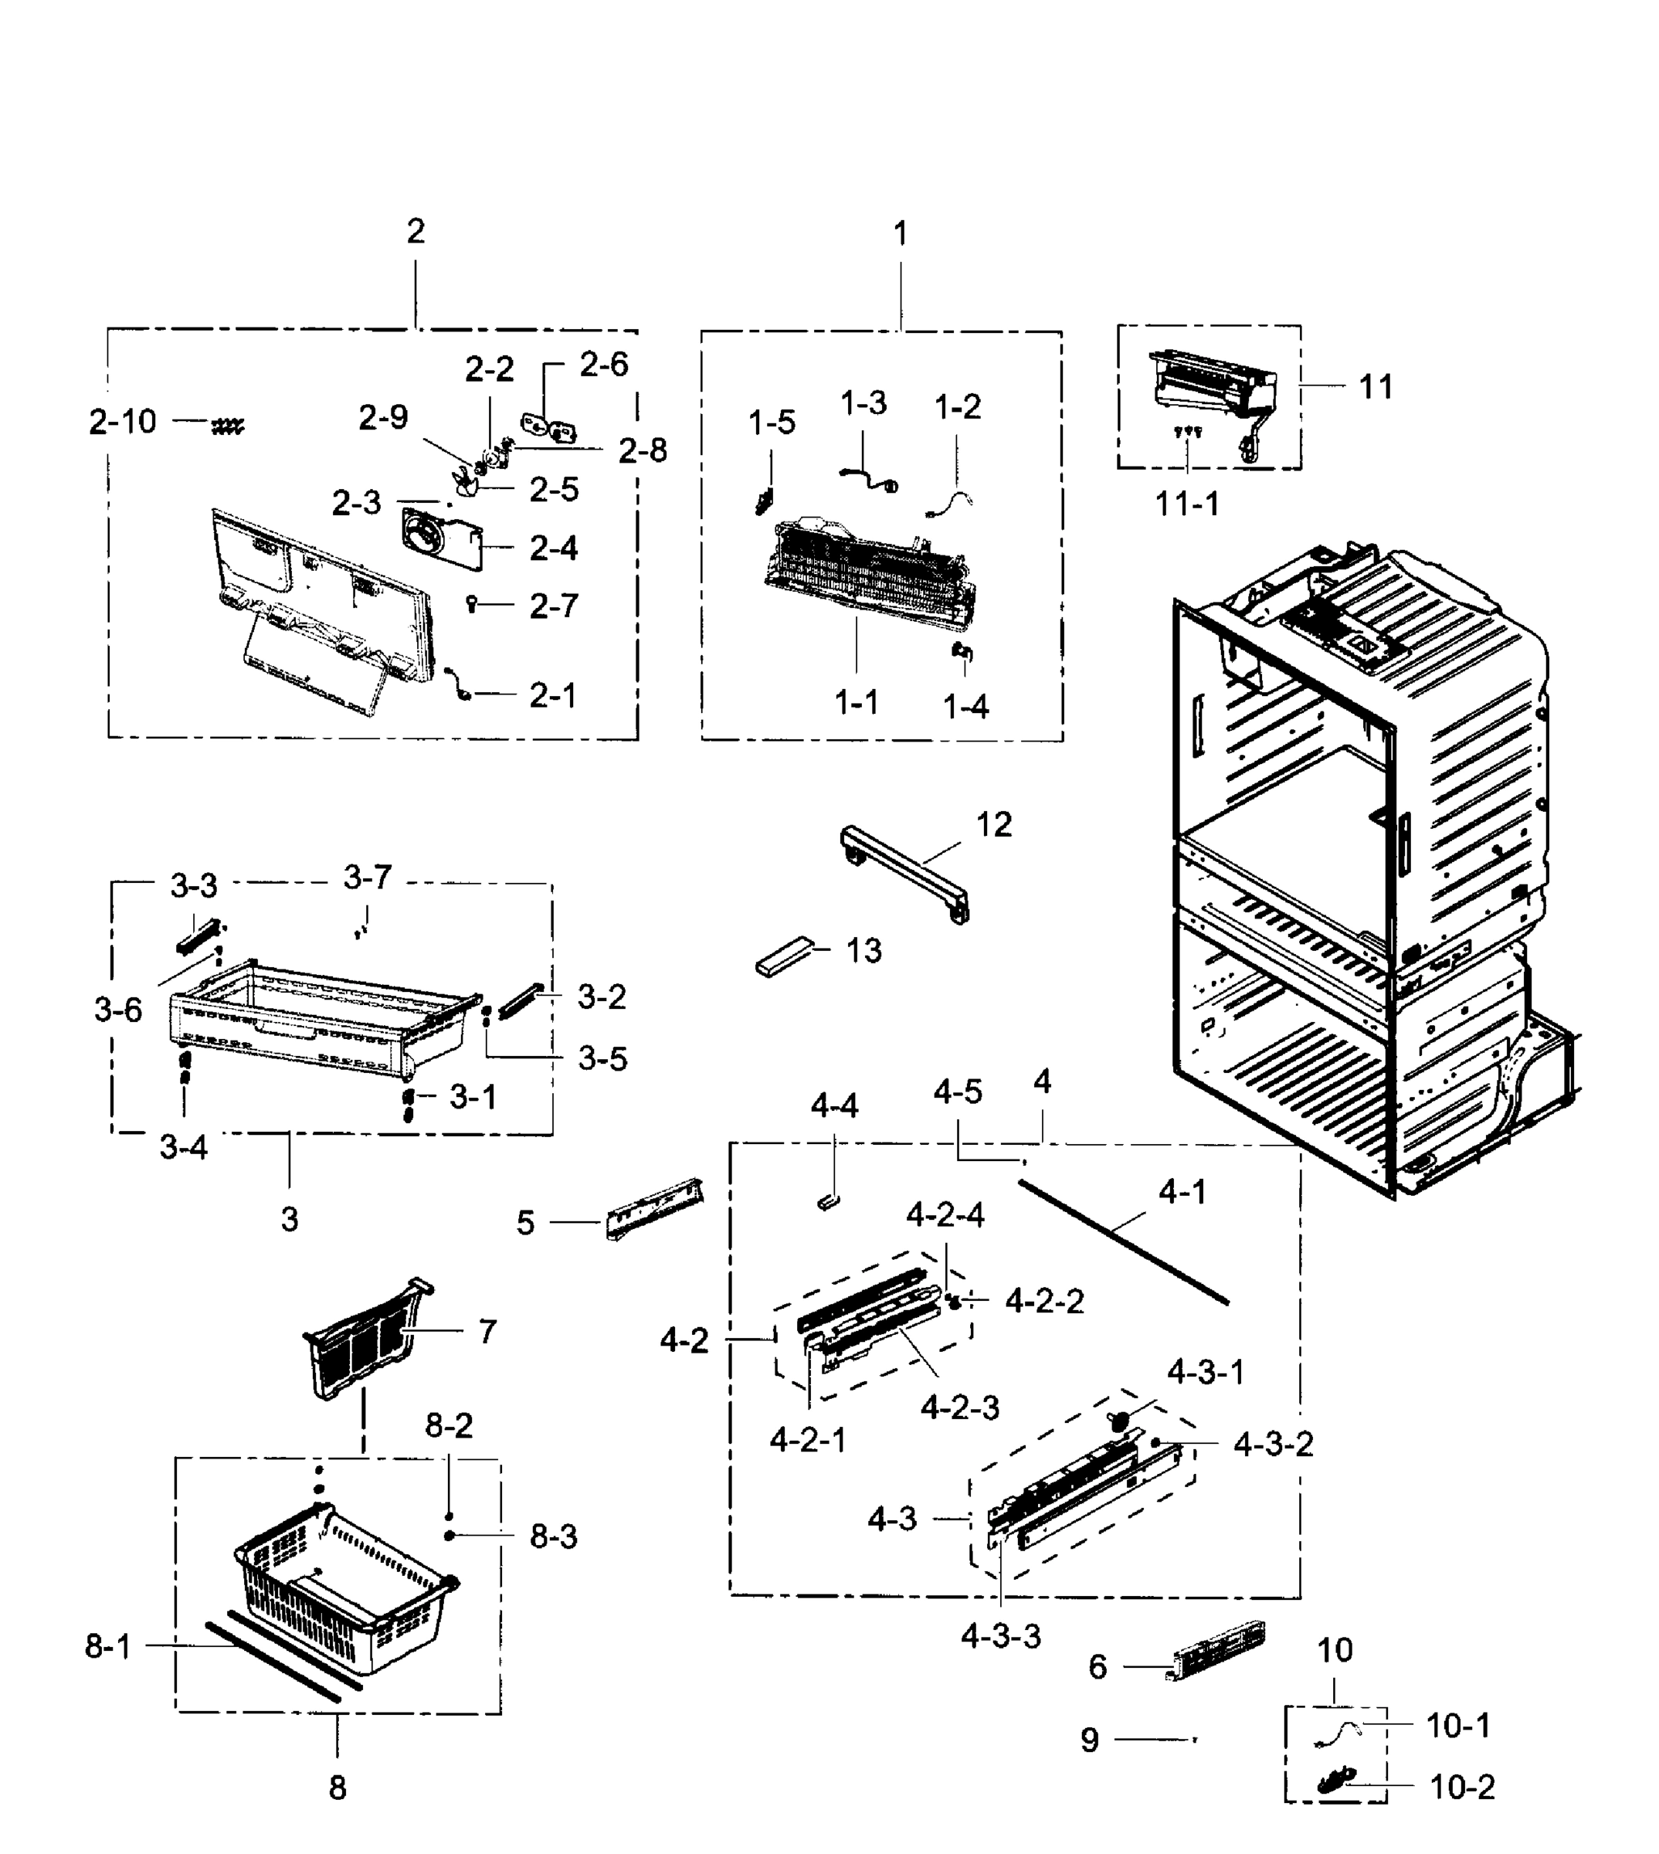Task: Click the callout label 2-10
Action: coord(122,422)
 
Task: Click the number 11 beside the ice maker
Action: coord(1376,387)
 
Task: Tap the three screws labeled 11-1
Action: coord(1188,432)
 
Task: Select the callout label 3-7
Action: coord(368,878)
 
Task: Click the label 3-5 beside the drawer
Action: coord(602,1059)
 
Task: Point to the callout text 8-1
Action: coord(107,1646)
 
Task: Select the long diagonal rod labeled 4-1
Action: coord(1123,1242)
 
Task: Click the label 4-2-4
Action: coord(945,1216)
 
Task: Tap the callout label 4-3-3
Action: coord(1000,1636)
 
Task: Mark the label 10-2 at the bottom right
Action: coord(1462,1788)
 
